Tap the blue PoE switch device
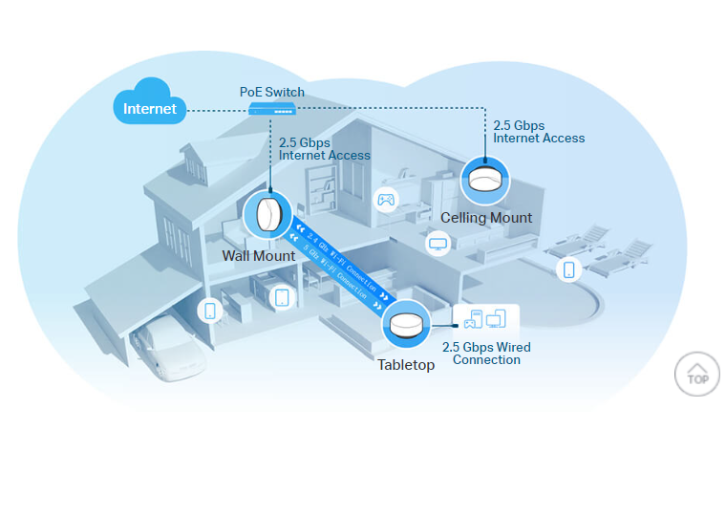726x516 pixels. click(271, 109)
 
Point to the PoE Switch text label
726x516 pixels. click(271, 92)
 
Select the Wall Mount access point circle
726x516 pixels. click(268, 215)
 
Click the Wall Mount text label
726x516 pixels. click(259, 256)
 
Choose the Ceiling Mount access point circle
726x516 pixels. click(485, 180)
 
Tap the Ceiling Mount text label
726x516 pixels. click(486, 218)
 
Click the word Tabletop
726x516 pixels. click(406, 365)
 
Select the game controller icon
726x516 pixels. click(386, 200)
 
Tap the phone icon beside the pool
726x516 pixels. click(569, 269)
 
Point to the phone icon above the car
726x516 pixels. click(210, 311)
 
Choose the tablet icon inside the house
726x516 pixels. click(282, 297)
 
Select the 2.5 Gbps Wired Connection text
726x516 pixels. click(486, 354)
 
